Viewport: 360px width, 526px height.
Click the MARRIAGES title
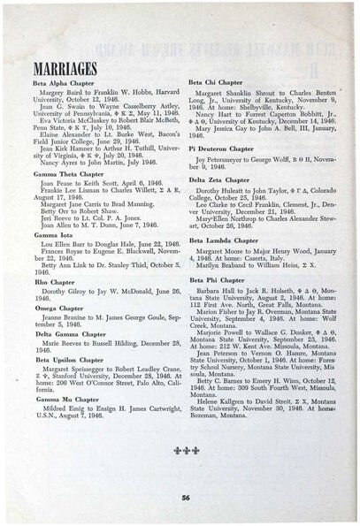coord(65,68)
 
